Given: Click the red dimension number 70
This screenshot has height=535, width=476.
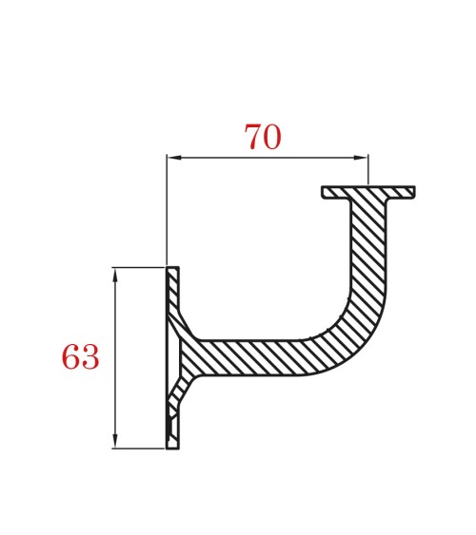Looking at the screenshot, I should pos(263,138).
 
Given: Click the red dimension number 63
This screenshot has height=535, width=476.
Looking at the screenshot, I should pos(80,358).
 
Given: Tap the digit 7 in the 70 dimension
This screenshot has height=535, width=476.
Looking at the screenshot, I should pos(253,138).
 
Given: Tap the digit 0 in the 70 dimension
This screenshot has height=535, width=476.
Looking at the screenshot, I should pos(272,138).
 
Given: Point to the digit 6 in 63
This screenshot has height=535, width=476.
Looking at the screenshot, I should pos(70,358).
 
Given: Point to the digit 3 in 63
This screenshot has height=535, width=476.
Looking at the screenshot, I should pos(89,358).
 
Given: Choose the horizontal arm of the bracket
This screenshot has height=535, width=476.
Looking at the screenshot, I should pos(257,356).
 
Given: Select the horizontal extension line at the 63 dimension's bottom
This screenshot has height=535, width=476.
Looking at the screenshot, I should pos(138,448).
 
